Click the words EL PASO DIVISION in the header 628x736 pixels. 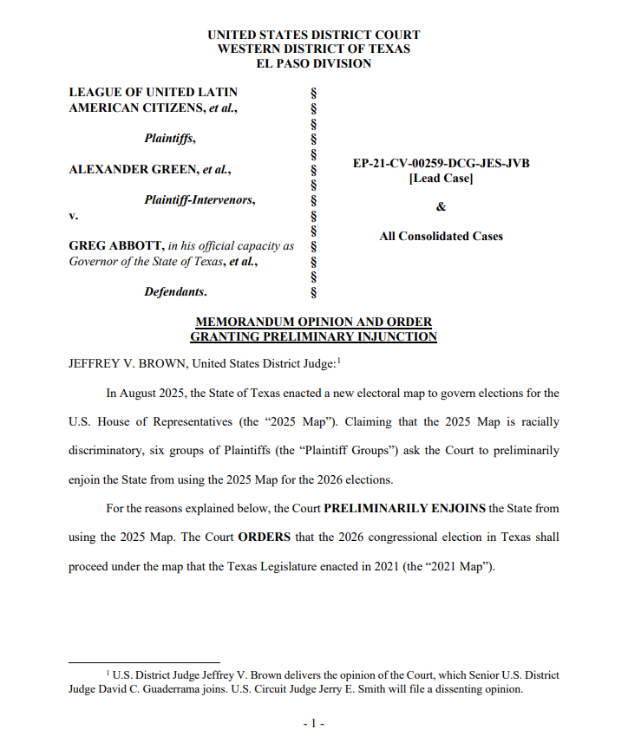click(x=313, y=63)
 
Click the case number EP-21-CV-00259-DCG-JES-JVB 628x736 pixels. click(x=441, y=163)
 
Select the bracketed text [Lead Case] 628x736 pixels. click(x=441, y=179)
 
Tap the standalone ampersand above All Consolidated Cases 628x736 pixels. click(x=441, y=207)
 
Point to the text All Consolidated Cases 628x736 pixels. click(x=441, y=236)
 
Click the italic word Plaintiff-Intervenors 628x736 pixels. click(x=200, y=200)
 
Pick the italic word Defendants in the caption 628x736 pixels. click(x=174, y=292)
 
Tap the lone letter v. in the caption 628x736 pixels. click(x=73, y=215)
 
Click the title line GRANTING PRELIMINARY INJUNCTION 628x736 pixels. click(x=313, y=336)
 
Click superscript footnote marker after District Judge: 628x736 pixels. click(x=339, y=361)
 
